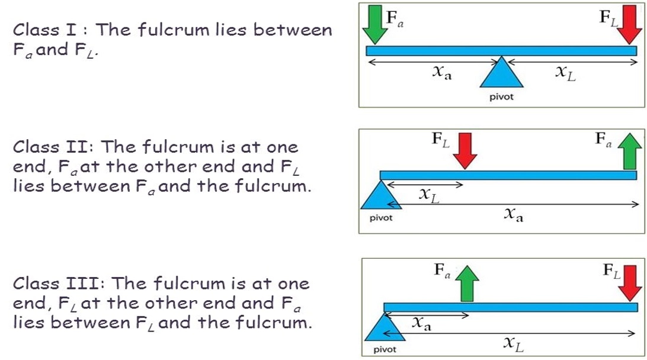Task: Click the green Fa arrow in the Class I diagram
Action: (x=374, y=24)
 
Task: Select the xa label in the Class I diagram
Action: (x=441, y=73)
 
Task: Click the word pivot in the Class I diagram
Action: (x=501, y=97)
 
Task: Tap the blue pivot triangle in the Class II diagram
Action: (x=382, y=195)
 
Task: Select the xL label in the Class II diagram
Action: (x=429, y=195)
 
